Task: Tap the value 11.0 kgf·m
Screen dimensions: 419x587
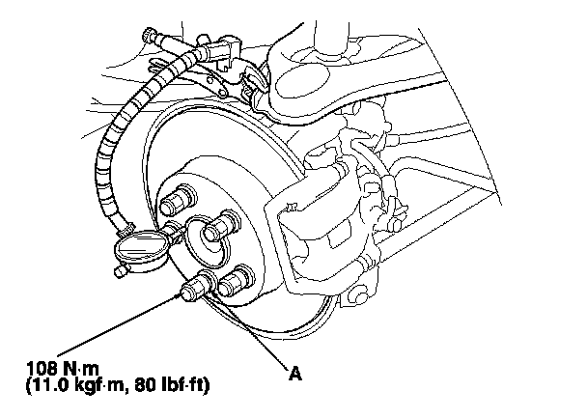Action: (x=80, y=385)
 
